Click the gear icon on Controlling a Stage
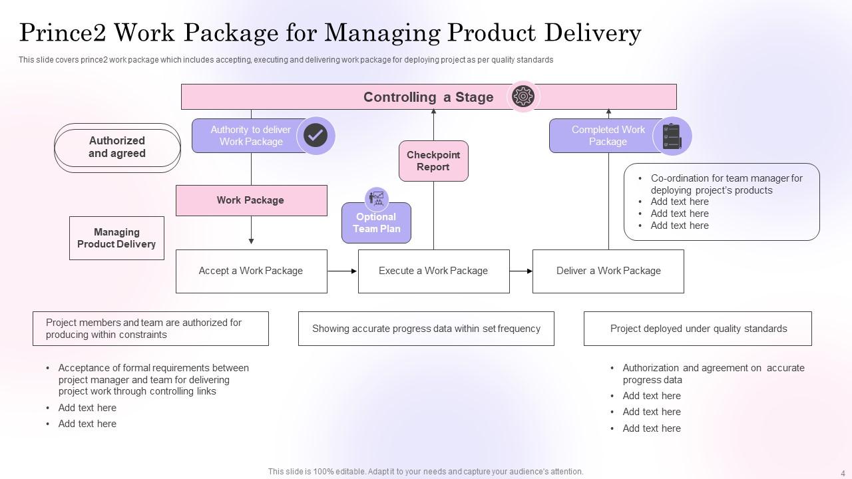tap(523, 96)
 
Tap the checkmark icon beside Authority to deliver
tap(316, 136)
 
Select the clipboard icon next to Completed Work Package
tap(672, 136)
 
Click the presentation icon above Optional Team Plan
tap(377, 198)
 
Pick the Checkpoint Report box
tap(433, 161)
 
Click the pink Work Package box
tap(251, 200)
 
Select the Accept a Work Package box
tap(251, 271)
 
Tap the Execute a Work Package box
tap(433, 271)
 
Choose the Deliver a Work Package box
tap(608, 271)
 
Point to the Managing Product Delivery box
tap(116, 238)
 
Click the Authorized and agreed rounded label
tap(117, 147)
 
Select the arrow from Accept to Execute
tap(342, 271)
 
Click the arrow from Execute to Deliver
tap(521, 271)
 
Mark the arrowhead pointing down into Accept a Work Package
tap(251, 241)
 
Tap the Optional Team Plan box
tap(376, 224)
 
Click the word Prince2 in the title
tap(61, 32)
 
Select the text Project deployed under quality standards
tap(698, 329)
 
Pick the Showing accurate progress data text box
tap(426, 329)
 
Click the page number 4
tap(843, 474)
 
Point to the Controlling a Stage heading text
tap(428, 97)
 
